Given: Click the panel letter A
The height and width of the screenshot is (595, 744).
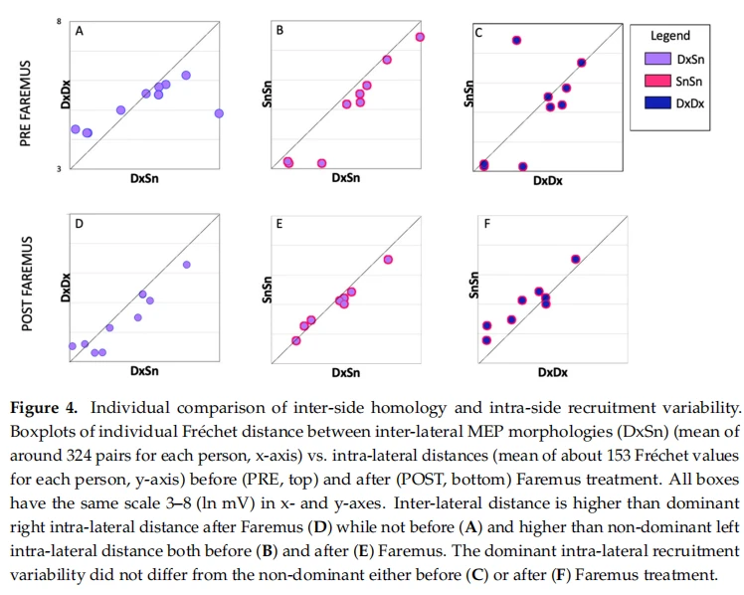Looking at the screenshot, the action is click(80, 31).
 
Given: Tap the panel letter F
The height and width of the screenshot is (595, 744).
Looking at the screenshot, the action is click(486, 224).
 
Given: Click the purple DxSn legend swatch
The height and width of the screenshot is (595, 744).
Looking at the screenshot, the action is click(657, 59).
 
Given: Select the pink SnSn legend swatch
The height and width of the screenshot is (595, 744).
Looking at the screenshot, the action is click(657, 81).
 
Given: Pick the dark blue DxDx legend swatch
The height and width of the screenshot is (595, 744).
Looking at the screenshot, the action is click(657, 102).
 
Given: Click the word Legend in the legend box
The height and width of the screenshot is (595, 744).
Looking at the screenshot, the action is click(670, 36).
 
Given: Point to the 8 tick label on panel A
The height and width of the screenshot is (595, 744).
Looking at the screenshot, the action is click(59, 21).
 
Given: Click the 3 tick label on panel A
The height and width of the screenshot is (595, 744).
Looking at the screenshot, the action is click(59, 168).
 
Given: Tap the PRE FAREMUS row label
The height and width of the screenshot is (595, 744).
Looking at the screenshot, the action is click(25, 103).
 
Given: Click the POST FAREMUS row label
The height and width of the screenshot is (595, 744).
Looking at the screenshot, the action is click(27, 284).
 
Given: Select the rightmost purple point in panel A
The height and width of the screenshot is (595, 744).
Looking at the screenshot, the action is click(219, 113).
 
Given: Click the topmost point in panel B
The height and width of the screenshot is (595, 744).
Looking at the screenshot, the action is click(420, 37).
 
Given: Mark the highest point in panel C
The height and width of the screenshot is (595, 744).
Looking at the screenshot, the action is click(516, 41).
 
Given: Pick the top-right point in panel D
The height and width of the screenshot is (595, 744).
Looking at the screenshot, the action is click(186, 265).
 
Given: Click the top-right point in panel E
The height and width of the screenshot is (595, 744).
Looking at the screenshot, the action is click(388, 260).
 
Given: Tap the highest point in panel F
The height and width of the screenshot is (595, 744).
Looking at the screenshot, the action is click(576, 259).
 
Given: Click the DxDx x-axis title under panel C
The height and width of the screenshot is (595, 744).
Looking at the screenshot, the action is click(548, 181).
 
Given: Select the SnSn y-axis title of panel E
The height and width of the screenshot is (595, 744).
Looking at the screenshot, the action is click(268, 290).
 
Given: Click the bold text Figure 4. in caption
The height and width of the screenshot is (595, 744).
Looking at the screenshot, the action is click(43, 408).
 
